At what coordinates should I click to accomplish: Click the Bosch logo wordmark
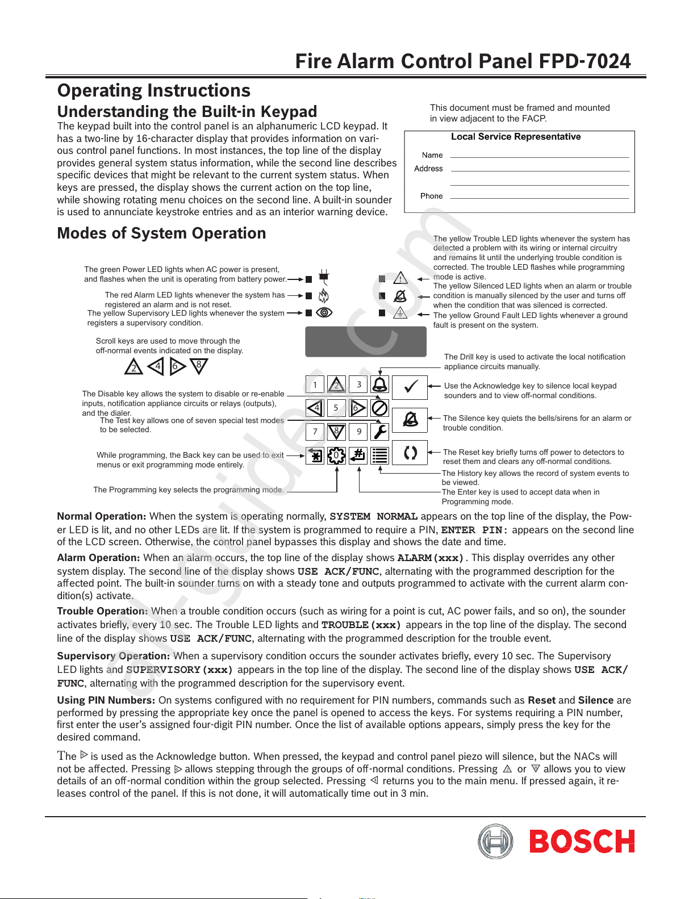[582, 841]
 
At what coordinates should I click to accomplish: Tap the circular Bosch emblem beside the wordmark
[495, 841]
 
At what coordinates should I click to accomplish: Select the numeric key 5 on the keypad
[336, 408]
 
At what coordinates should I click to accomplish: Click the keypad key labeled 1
[315, 384]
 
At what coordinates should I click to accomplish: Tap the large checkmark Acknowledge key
[410, 387]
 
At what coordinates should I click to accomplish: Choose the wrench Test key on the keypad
[379, 432]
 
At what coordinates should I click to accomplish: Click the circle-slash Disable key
[379, 408]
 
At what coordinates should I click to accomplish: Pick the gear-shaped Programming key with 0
[336, 455]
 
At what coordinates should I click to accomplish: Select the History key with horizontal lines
[379, 455]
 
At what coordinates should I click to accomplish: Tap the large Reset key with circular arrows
[410, 453]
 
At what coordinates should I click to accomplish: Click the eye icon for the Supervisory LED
[324, 312]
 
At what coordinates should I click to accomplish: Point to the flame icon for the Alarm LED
[324, 296]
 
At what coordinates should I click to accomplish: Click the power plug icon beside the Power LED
[324, 278]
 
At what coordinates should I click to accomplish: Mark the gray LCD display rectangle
[366, 341]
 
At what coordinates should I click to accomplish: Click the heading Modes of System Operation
[161, 233]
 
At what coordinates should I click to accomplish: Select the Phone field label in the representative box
[431, 196]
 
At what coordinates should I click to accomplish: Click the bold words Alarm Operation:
[98, 558]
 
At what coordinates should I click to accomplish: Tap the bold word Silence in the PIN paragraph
[596, 700]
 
